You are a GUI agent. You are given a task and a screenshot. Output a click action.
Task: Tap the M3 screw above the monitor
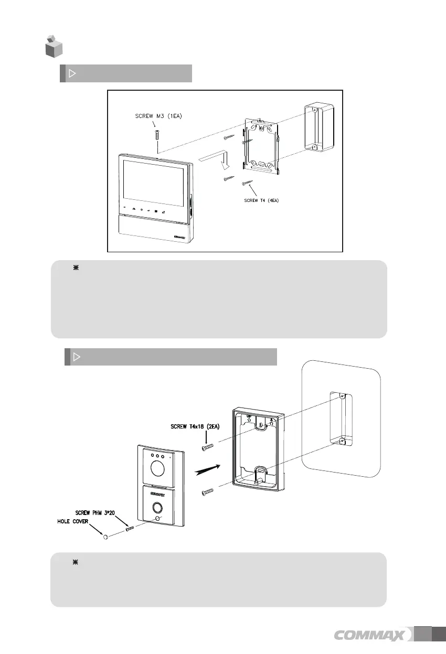(156, 135)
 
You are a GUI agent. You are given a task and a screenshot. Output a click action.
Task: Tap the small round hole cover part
(105, 537)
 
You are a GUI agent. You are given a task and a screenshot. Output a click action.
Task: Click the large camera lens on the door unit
(155, 467)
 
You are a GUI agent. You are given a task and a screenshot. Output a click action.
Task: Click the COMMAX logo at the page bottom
(370, 636)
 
